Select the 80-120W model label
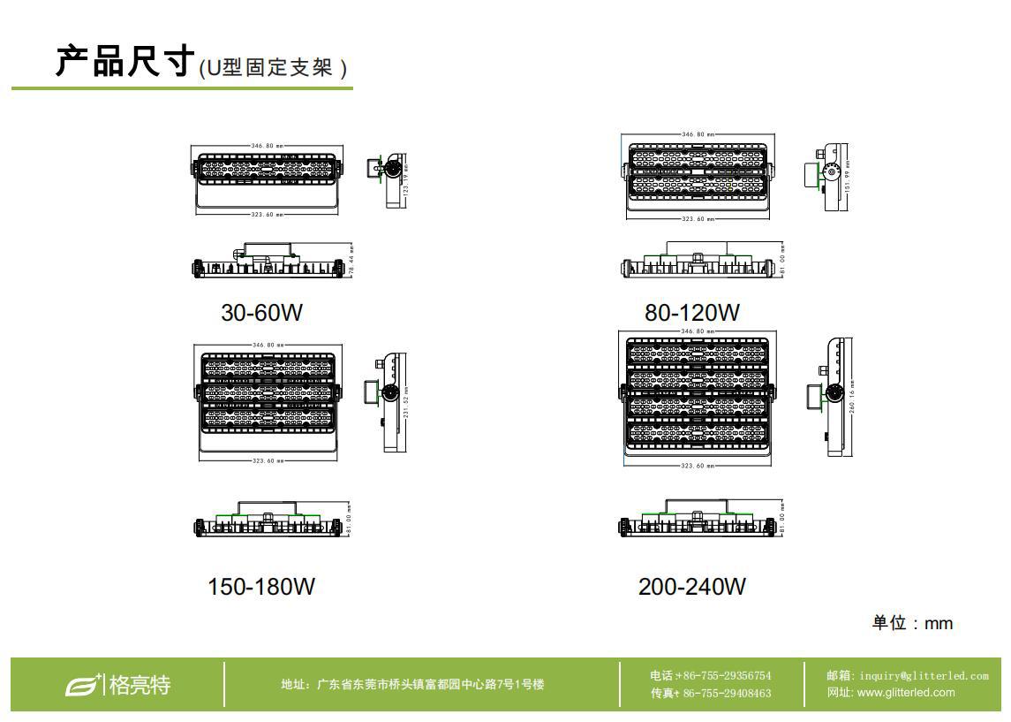coord(692,313)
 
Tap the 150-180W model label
coord(261,587)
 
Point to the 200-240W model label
coord(692,587)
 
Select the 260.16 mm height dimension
coord(851,398)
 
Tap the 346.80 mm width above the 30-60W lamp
coord(268,144)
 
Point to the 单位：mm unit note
coord(912,623)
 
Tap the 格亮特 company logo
coord(118,684)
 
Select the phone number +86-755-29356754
coord(711,676)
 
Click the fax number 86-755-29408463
coord(711,693)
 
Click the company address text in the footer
coord(412,684)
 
